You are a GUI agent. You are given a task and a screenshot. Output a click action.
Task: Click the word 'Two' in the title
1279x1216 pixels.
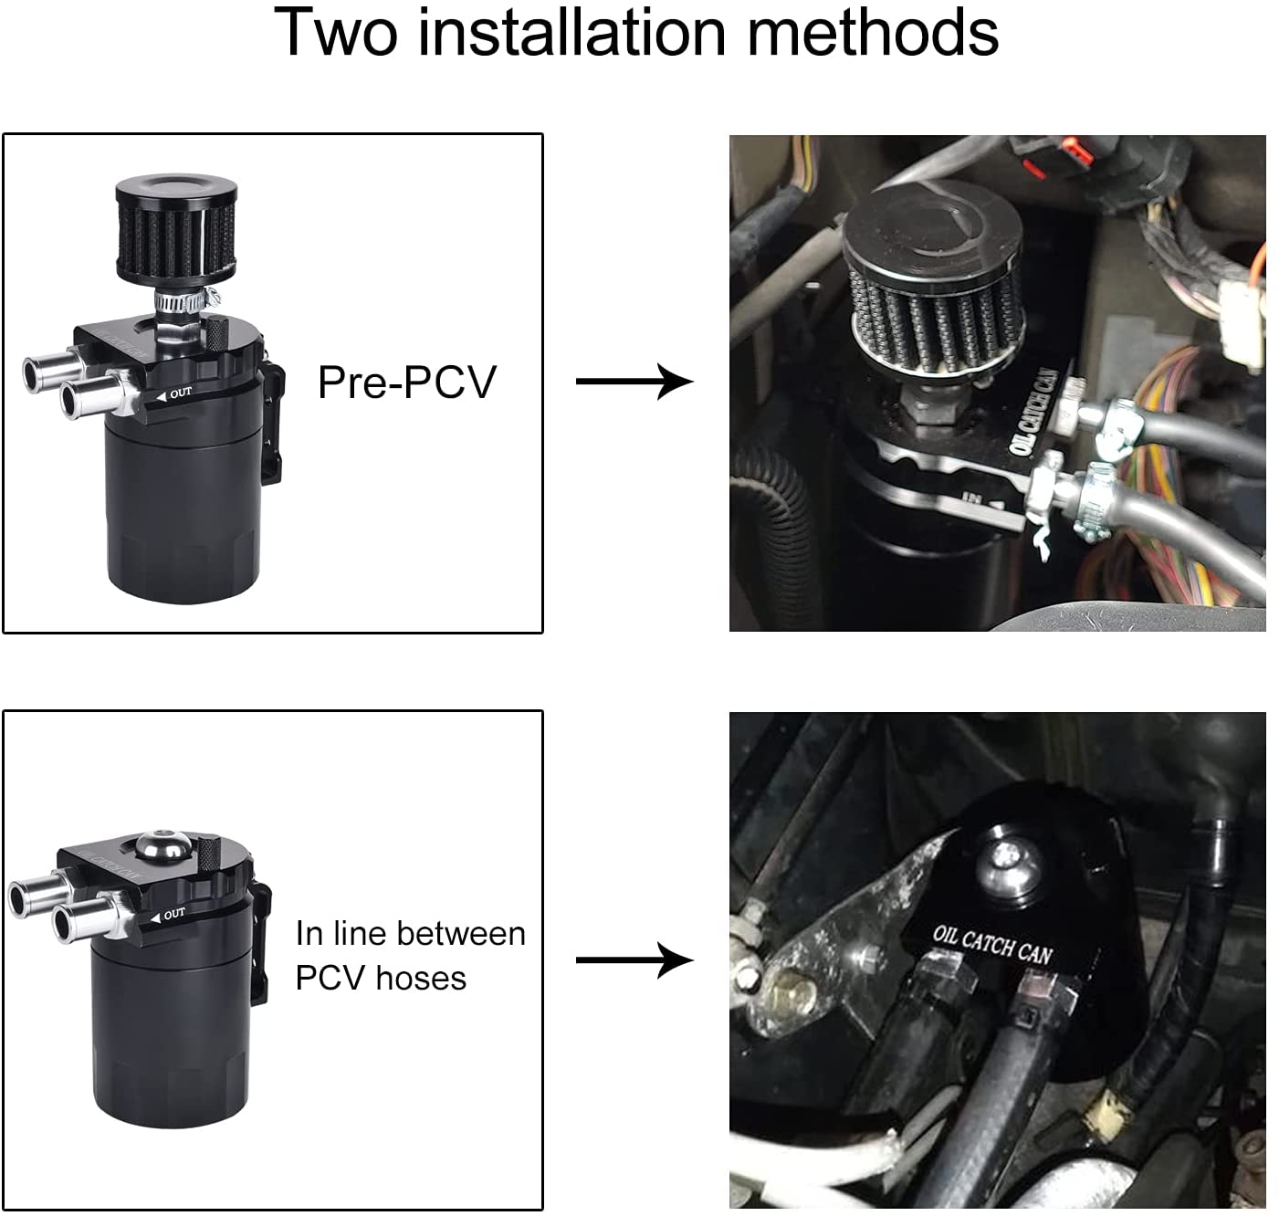point(338,33)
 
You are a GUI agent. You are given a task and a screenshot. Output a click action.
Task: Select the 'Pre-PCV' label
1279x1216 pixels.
point(406,382)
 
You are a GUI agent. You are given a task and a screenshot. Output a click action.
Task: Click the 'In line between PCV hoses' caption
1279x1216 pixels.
point(410,955)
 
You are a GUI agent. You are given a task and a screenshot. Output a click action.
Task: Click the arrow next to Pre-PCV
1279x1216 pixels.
point(634,381)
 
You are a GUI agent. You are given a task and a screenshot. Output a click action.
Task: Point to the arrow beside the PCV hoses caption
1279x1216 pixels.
point(634,959)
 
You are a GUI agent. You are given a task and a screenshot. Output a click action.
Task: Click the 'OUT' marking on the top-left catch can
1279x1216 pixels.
point(180,393)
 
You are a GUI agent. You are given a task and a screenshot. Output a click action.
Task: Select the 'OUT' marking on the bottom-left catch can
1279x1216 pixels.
point(173,914)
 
